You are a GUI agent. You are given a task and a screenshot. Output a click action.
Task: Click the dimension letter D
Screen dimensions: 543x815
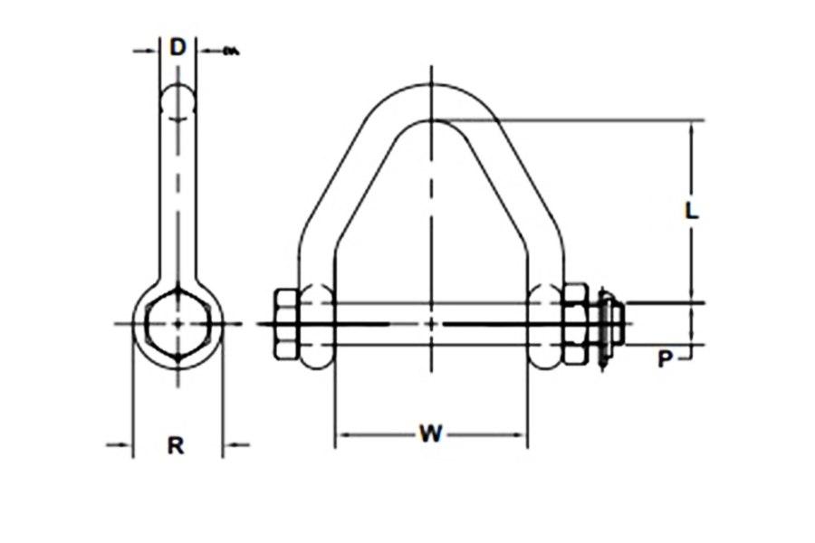click(177, 48)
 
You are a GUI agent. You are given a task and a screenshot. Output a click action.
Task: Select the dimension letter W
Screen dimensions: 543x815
click(430, 434)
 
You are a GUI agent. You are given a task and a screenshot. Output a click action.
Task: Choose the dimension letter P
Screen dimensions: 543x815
click(666, 359)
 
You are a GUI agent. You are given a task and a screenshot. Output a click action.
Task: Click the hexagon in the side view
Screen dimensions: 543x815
click(178, 324)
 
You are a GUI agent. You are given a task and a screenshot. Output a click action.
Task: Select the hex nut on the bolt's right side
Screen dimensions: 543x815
click(575, 324)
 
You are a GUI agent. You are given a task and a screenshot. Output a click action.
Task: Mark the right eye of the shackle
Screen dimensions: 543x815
click(546, 324)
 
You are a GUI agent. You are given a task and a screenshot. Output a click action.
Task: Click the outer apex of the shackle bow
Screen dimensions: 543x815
click(432, 84)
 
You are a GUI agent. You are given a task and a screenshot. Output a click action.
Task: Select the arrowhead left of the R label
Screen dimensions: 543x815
click(127, 443)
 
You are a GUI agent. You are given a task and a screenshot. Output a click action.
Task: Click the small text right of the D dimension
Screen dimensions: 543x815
click(230, 51)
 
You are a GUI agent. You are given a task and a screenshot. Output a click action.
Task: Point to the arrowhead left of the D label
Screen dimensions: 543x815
click(152, 51)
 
